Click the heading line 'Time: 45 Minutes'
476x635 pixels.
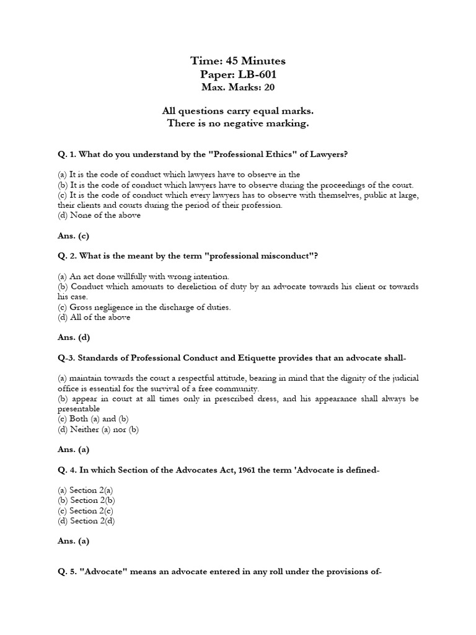click(x=238, y=61)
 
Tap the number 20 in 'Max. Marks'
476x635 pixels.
click(x=270, y=87)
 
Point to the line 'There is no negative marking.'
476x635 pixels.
click(x=238, y=123)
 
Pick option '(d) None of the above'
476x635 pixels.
click(x=99, y=215)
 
